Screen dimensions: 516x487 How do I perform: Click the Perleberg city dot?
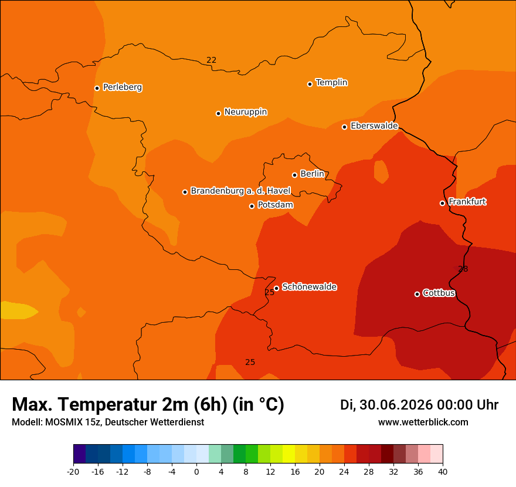[x=97, y=88]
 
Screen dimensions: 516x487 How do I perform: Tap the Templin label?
[x=331, y=82]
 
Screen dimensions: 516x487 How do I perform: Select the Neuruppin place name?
[x=246, y=112]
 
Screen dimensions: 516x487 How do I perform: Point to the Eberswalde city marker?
[x=345, y=127]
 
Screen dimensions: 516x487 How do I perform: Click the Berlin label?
[x=313, y=174]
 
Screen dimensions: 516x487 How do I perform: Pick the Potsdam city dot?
[x=252, y=206]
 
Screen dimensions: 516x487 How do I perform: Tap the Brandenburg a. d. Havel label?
[x=240, y=191]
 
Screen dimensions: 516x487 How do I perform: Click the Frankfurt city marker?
[x=443, y=203]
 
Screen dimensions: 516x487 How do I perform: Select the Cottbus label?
[x=439, y=293]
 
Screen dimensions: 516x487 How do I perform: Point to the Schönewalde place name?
[x=310, y=287]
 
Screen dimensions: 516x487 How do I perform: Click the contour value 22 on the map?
[x=211, y=60]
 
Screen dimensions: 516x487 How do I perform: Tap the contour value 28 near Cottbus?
[x=463, y=269]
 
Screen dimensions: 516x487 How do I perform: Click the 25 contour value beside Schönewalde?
[x=270, y=292]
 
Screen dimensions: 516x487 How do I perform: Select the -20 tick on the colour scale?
[x=73, y=472]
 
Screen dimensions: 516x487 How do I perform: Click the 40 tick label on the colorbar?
[x=443, y=472]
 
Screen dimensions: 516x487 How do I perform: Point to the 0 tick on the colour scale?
[x=196, y=472]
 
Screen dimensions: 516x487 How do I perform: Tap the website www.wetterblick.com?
[x=423, y=422]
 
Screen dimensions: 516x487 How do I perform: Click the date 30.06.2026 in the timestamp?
[x=398, y=405]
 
